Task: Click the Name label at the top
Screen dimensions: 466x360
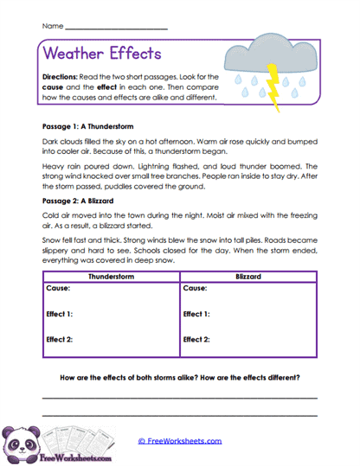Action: click(51, 27)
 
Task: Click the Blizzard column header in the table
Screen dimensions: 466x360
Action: click(249, 277)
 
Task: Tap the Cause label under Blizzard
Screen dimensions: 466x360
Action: click(196, 288)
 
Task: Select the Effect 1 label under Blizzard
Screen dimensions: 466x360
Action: click(198, 315)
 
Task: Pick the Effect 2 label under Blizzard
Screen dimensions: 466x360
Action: click(198, 340)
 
